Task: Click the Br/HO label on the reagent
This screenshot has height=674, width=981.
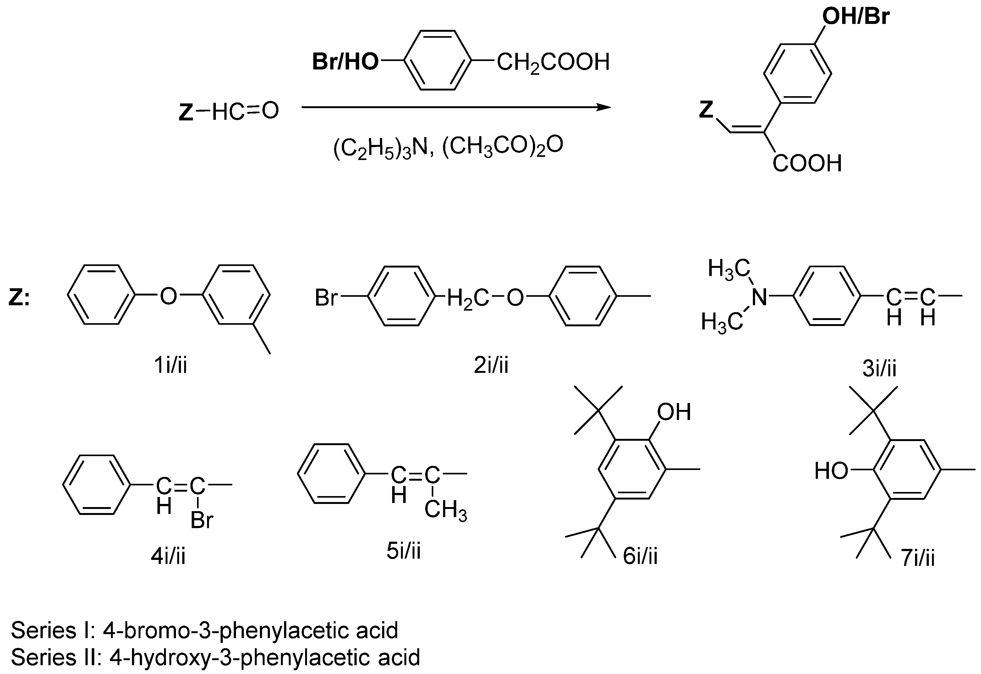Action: pyautogui.click(x=345, y=62)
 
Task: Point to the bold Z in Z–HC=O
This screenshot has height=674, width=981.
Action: pyautogui.click(x=186, y=112)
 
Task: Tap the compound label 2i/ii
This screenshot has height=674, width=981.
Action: pyautogui.click(x=491, y=365)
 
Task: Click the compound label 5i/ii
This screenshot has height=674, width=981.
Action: pyautogui.click(x=403, y=551)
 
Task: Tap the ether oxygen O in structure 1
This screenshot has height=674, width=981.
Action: pyautogui.click(x=168, y=296)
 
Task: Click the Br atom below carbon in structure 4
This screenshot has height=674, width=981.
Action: pyautogui.click(x=202, y=520)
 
